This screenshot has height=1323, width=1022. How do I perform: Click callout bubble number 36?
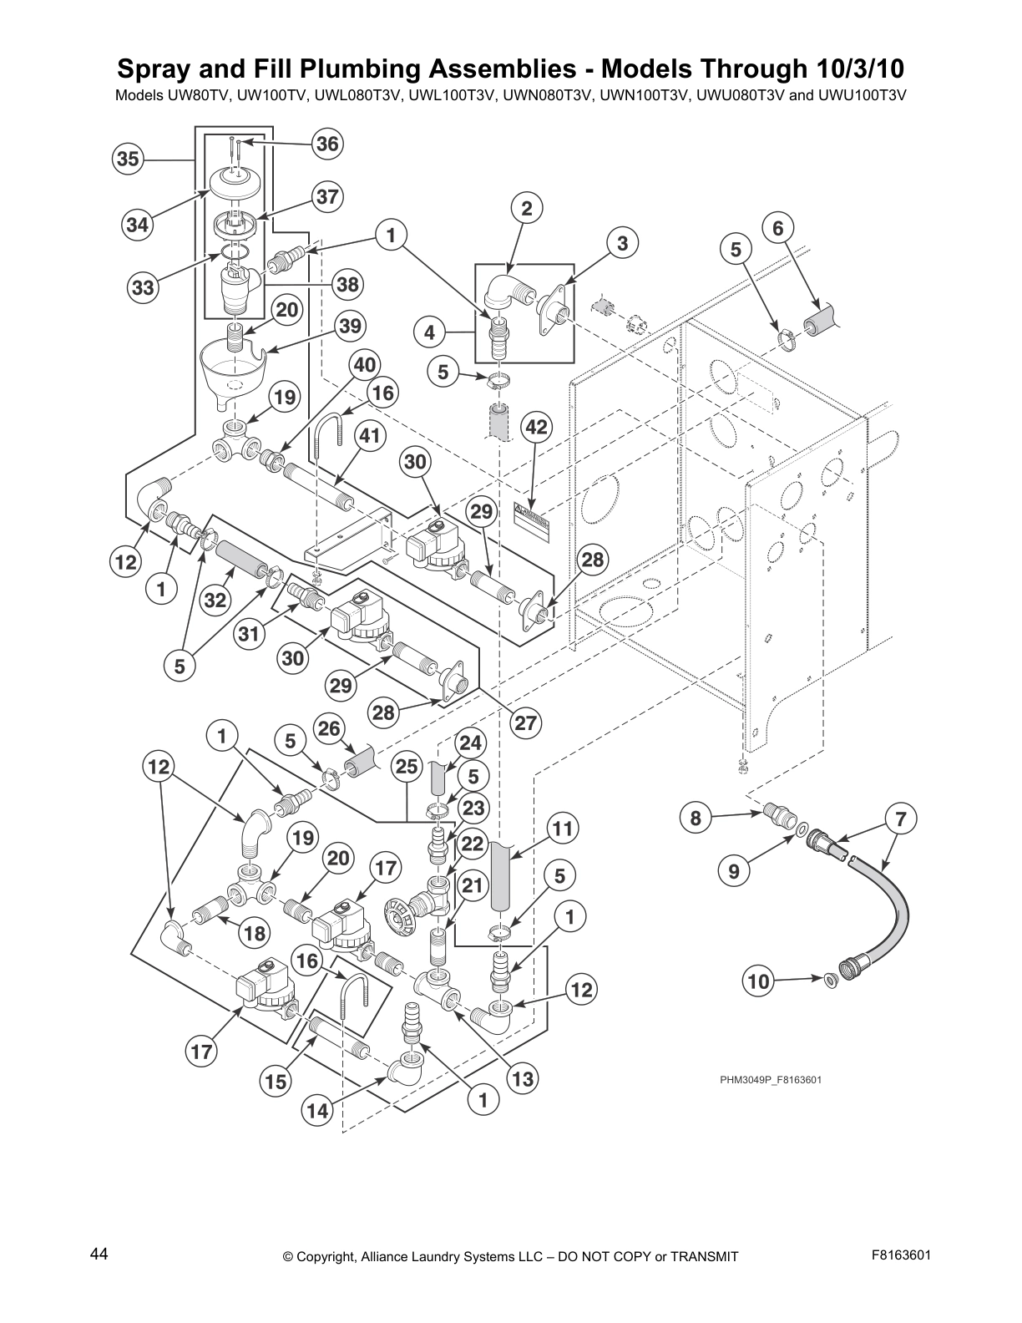pyautogui.click(x=327, y=144)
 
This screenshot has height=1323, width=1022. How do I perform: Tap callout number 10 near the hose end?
pyautogui.click(x=758, y=981)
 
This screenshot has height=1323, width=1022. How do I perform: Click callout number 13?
pyautogui.click(x=522, y=1079)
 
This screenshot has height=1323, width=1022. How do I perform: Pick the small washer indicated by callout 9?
pyautogui.click(x=802, y=831)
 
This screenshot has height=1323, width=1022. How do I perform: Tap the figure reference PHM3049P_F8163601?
pyautogui.click(x=771, y=1079)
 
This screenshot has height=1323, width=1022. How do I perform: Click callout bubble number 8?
pyautogui.click(x=696, y=818)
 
